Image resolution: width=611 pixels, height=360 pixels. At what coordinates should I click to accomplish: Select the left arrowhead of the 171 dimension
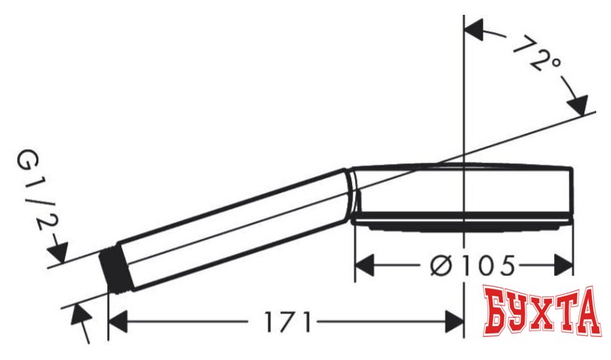119,323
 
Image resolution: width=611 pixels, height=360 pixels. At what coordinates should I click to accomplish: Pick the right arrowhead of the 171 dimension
453,323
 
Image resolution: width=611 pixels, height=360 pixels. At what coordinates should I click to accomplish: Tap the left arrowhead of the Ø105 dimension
366,264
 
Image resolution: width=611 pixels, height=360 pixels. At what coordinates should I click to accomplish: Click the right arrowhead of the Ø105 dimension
563,264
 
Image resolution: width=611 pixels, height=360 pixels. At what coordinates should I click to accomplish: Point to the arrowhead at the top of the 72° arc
473,32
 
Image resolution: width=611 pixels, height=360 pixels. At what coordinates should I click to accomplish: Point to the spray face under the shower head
462,220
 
